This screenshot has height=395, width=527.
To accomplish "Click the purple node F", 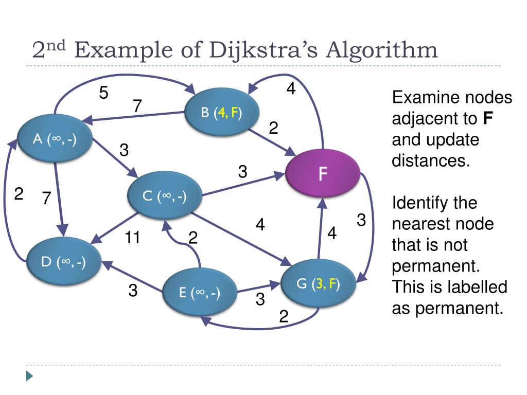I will coord(323,173).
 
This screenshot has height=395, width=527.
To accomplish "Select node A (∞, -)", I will coord(55,139).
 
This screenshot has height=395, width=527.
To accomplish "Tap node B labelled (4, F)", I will coord(222,113).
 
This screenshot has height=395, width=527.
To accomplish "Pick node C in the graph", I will coord(165,196).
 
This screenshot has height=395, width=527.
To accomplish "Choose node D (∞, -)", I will coord(64,262).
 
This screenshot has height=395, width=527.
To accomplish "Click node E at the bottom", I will coord(200,293).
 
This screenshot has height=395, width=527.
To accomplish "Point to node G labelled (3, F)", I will coord(318,284).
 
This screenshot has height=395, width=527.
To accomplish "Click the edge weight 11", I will coord(134,238).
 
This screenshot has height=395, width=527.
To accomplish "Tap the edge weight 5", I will coord(104,93).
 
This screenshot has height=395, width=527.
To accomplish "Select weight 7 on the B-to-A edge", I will coord(137,106).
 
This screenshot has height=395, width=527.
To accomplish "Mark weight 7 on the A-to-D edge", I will coord(46,198).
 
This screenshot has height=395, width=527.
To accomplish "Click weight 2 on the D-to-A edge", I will coord(19,194).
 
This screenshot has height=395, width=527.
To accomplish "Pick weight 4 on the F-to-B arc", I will coord(291,89).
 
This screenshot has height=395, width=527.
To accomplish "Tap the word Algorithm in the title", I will coord(383,50).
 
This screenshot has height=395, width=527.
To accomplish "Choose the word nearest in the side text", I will coord(420,224).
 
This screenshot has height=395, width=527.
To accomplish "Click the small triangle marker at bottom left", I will coord(30,376).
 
